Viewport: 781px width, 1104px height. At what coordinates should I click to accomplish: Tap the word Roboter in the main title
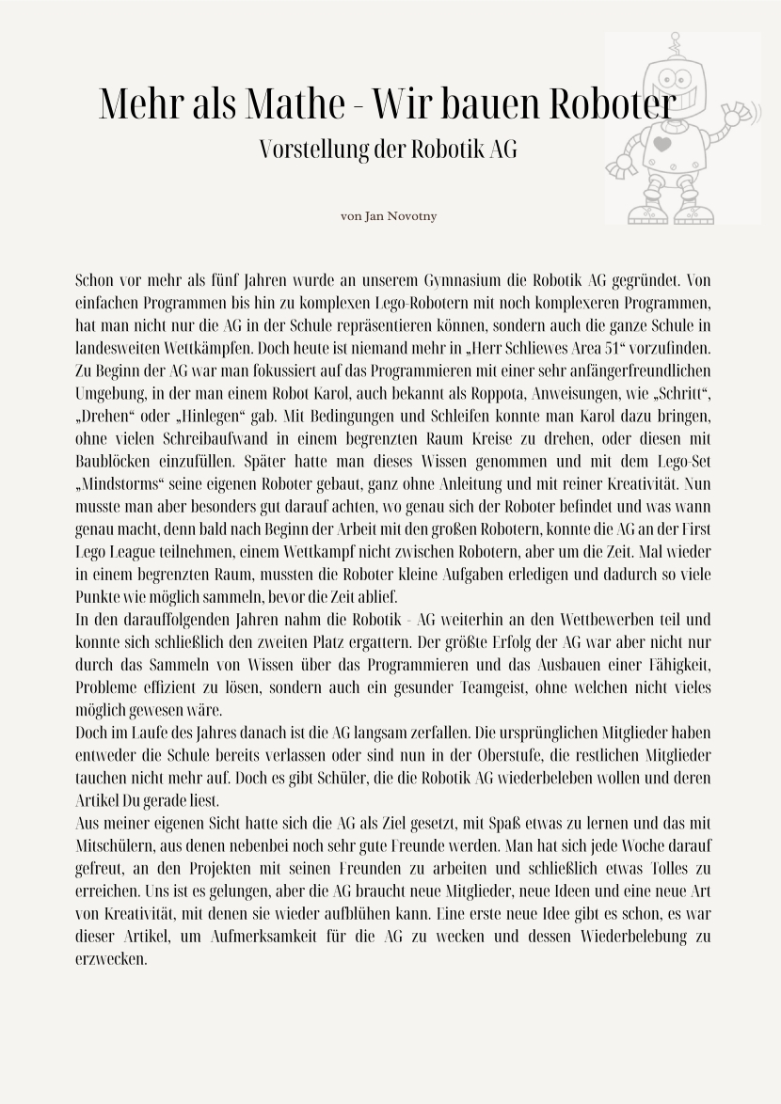click(x=611, y=103)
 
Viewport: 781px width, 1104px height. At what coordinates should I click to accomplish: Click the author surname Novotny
click(x=411, y=216)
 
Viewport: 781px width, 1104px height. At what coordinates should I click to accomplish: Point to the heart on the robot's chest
click(x=662, y=145)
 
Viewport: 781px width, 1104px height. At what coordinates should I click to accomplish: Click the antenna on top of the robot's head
click(x=674, y=42)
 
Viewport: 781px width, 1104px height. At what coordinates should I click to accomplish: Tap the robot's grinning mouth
click(x=684, y=98)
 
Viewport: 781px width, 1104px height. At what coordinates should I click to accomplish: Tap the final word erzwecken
click(x=111, y=959)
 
